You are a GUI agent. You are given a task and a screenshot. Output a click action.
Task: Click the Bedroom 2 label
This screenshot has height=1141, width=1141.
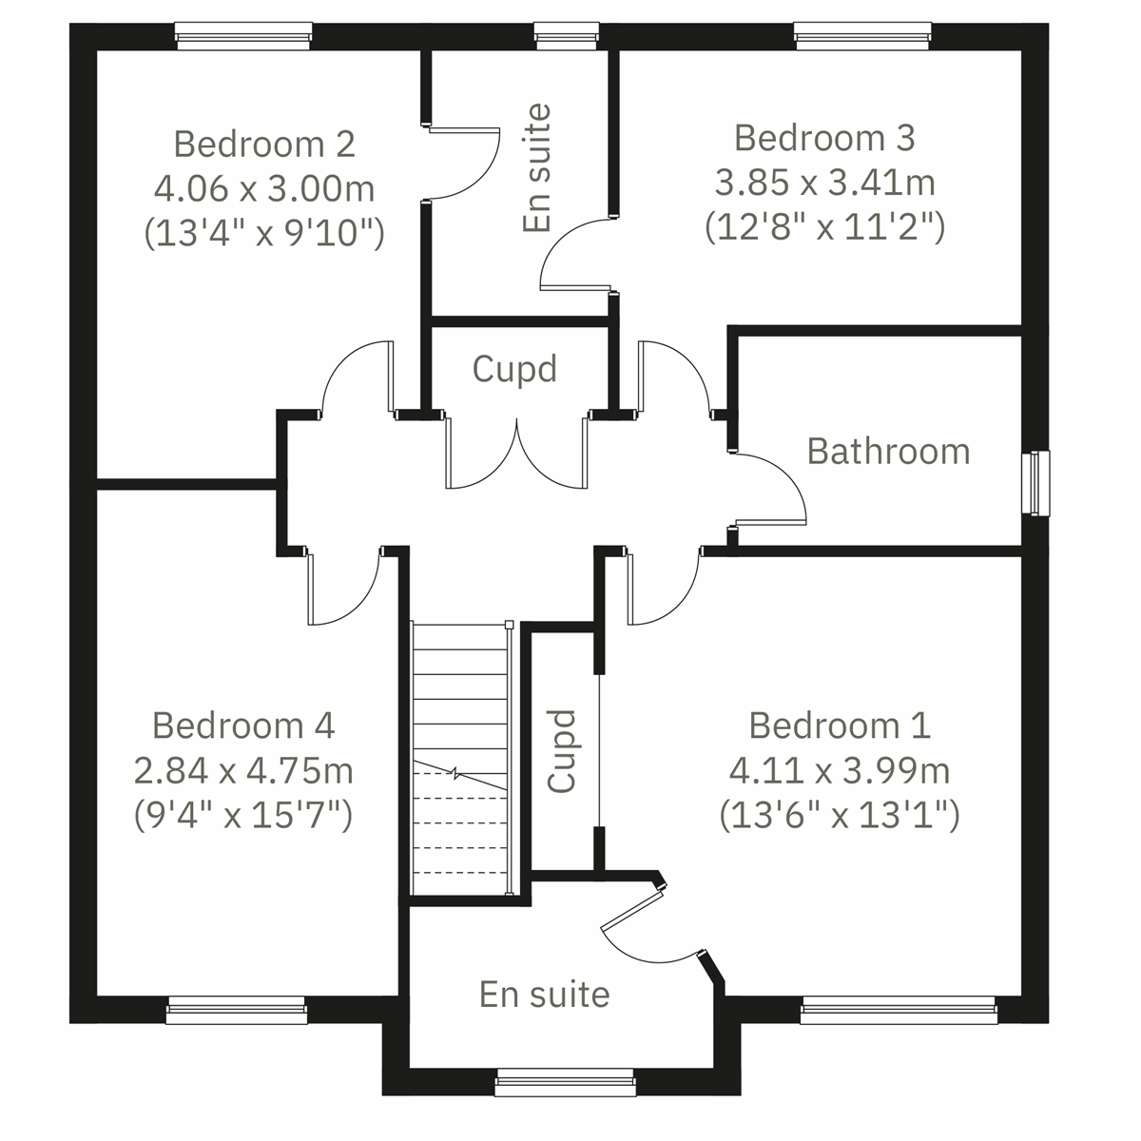[264, 145]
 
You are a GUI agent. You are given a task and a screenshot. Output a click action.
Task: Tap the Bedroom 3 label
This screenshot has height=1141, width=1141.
[824, 138]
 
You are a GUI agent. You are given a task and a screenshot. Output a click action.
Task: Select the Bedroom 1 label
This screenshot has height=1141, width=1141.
[840, 725]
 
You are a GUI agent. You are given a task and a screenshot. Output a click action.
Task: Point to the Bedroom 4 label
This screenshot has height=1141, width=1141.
[243, 725]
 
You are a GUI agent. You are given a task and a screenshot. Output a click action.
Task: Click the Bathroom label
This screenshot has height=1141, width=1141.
[888, 451]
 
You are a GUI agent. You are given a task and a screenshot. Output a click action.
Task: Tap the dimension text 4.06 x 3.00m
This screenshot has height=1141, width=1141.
[264, 188]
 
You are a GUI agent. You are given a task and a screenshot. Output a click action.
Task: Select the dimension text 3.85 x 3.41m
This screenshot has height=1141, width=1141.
[824, 182]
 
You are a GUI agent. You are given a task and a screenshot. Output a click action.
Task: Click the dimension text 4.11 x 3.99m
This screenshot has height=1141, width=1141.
[840, 770]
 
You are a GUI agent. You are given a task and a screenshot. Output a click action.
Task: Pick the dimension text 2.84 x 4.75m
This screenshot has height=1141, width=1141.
[243, 770]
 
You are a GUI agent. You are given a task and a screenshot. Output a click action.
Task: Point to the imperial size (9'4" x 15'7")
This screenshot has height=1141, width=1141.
[243, 815]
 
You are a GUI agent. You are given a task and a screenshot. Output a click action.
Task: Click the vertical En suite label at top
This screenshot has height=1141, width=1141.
[537, 168]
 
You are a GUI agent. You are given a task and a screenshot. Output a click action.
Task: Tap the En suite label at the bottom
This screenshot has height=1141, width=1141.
[544, 995]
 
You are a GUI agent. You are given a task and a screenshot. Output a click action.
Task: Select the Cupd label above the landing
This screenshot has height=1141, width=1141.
[514, 369]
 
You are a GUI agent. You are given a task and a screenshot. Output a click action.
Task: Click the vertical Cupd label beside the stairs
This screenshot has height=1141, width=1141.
[563, 751]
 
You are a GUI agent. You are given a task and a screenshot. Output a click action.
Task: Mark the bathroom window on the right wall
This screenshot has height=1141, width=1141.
[1036, 482]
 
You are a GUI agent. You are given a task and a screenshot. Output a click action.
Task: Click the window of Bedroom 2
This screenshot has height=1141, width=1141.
[244, 38]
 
